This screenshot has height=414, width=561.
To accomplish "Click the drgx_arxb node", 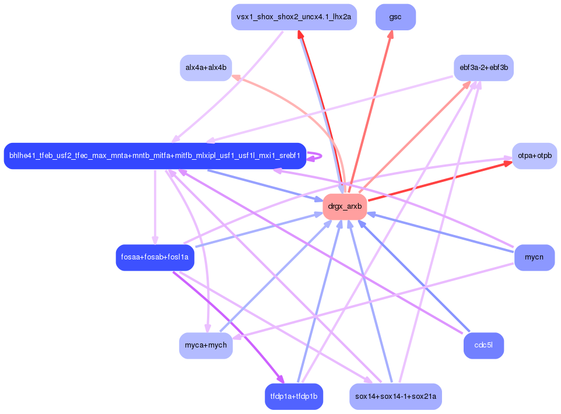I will coord(345,206).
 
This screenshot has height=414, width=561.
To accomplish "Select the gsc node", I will coord(395,17).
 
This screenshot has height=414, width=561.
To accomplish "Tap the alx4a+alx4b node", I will coord(206,68).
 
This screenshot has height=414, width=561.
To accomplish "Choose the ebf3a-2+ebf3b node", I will coord(483,68).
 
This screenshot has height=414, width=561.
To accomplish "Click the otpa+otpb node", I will coord(534,156).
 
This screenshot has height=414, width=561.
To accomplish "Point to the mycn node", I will coord(534,257).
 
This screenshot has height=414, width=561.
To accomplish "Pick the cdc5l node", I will coord(483,345).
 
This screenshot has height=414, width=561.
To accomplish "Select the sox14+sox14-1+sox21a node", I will coord(395,397).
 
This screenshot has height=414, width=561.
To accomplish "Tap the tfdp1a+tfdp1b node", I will coord(294,397).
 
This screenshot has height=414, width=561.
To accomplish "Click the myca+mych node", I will coord(206,345).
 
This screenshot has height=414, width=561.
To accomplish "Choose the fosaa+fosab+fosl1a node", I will coord(155,257).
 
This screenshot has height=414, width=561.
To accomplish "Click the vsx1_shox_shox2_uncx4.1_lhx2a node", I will coord(294,17).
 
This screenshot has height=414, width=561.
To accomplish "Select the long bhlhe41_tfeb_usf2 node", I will coord(155,156).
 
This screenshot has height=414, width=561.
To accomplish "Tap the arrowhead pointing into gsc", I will coord(391,34).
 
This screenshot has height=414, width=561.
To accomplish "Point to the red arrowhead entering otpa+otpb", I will coord(508,164).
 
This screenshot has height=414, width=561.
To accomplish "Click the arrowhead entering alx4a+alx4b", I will coord(236,77).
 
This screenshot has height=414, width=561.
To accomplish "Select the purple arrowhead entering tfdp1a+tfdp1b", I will coord(280,379).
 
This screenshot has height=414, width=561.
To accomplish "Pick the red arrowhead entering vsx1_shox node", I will coord(299,34).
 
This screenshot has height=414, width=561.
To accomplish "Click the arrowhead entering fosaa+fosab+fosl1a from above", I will coord(155,240).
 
